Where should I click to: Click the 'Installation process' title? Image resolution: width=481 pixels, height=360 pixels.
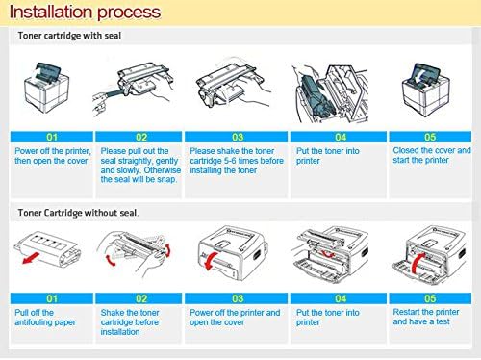[85, 13]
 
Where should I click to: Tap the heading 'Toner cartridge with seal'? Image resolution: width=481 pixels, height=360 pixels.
[69, 36]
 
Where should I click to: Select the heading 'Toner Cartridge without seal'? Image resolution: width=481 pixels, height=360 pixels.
[78, 213]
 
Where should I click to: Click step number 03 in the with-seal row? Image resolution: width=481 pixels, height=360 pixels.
[238, 137]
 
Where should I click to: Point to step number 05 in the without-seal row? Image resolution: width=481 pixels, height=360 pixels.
[430, 298]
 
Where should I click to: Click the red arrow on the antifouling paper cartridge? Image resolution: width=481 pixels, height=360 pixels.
[31, 258]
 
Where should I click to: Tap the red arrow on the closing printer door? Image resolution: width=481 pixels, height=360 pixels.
[418, 263]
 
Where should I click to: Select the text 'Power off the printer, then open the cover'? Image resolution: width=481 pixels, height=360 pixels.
[53, 156]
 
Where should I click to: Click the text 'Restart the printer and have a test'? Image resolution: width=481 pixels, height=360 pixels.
[426, 317]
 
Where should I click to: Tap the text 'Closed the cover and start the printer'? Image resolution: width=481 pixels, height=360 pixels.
[432, 155]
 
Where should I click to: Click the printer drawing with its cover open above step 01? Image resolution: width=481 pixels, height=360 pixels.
[47, 88]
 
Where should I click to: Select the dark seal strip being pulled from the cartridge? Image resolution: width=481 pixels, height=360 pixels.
[111, 93]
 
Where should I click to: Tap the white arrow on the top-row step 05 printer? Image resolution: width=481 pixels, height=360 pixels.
[418, 78]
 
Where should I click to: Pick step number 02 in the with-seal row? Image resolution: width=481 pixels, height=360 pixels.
[141, 137]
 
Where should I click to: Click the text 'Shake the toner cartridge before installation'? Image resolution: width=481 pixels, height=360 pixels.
[130, 322]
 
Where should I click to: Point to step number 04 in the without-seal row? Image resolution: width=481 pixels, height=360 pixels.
[341, 298]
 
